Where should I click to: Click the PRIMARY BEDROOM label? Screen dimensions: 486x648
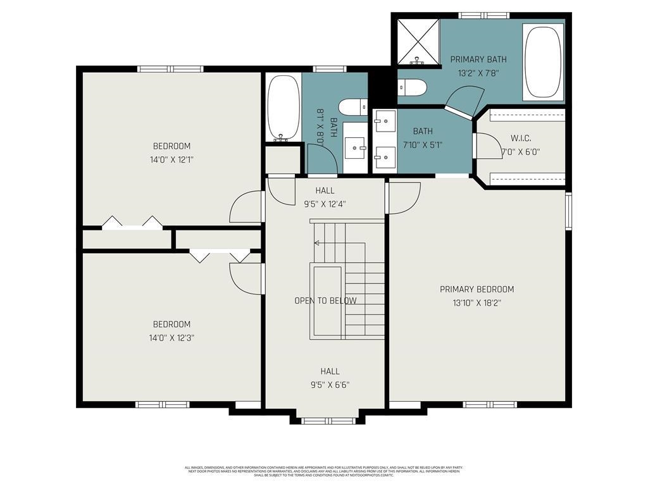[477, 289]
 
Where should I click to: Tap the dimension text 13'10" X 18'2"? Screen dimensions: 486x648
[477, 303]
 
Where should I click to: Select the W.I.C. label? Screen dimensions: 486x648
[521, 139]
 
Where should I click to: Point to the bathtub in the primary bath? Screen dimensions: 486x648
[543, 62]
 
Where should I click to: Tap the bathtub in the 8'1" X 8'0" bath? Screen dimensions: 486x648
[282, 108]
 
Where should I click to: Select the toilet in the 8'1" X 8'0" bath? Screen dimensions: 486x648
[352, 107]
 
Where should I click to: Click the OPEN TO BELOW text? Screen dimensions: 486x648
[325, 301]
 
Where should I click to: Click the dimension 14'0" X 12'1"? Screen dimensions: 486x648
[171, 160]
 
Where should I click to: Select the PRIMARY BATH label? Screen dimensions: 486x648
[478, 59]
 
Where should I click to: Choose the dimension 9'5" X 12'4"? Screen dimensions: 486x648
[325, 204]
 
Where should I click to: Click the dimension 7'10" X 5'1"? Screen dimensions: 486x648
[423, 144]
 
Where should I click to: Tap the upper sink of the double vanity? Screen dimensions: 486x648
[385, 120]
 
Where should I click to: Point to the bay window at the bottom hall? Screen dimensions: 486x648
[326, 420]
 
